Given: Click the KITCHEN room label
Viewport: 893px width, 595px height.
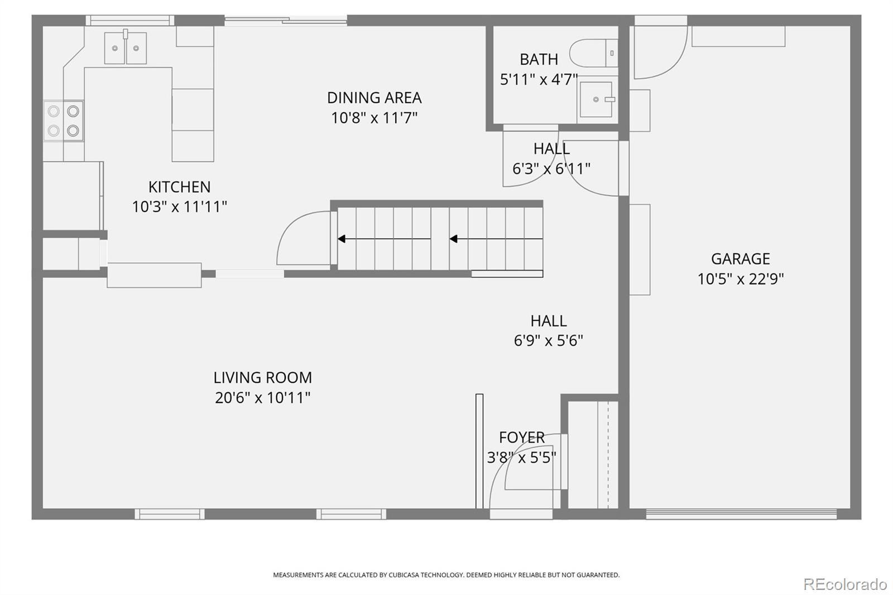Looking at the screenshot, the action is point(179,186).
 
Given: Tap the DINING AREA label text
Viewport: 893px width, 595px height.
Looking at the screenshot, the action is point(374,98).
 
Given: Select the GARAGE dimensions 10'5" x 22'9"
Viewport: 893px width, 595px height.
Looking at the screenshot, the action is point(740,279).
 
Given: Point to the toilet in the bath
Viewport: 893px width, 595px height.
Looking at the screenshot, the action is point(593,53).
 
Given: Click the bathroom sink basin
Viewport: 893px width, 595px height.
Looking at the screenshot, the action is point(596,99).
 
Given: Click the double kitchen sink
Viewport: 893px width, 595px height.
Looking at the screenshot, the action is point(125,48).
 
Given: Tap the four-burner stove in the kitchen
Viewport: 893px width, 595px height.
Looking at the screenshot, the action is point(64,121).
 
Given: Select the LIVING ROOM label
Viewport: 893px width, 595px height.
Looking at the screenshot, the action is point(263,378).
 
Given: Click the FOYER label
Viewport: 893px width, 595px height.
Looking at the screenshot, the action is point(521,438).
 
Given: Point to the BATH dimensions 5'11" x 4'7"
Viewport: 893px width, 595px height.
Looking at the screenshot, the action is point(539,79).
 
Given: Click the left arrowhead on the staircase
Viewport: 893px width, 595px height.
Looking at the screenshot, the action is point(342,239).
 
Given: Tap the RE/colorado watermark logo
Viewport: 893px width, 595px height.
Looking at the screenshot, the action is point(845,584).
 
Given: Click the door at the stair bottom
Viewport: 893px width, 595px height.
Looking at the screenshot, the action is point(303,238).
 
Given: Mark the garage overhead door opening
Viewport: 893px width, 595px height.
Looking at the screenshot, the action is point(741,514).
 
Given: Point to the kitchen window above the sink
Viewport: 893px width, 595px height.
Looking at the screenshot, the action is point(130,20).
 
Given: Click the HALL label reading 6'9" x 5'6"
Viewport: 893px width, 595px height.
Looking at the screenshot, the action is point(548,330).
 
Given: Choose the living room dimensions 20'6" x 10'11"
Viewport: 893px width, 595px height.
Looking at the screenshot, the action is point(263,397).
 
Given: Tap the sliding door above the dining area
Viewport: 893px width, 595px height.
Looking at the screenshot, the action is point(285,20).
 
